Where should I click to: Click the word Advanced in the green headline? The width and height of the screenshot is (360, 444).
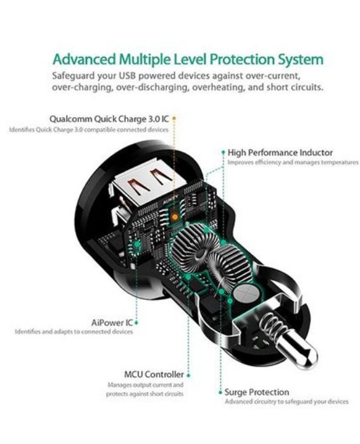[x=84, y=60]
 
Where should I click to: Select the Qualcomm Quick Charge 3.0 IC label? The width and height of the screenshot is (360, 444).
[x=109, y=119]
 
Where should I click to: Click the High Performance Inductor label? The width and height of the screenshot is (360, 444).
[x=280, y=153]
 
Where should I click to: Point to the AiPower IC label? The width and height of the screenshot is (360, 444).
[x=112, y=322]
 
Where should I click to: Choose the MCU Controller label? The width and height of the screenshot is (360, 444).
[x=154, y=374]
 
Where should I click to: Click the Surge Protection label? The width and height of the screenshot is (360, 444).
[x=257, y=392]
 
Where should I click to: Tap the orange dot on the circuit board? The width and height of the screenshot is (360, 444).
[x=175, y=217]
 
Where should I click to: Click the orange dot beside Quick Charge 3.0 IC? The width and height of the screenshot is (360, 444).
[x=174, y=118]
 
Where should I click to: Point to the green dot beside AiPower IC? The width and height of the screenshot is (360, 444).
[x=137, y=323]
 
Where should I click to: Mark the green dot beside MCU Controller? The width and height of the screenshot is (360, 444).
[x=189, y=375]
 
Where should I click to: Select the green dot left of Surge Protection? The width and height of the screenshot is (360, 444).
[x=220, y=393]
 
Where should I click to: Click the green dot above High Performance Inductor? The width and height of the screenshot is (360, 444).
[x=223, y=152]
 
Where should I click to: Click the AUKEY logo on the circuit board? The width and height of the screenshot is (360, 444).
[x=171, y=200]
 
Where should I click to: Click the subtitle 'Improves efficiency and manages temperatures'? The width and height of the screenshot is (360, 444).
[x=293, y=162]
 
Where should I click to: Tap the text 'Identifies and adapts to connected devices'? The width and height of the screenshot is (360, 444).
[x=74, y=332]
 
